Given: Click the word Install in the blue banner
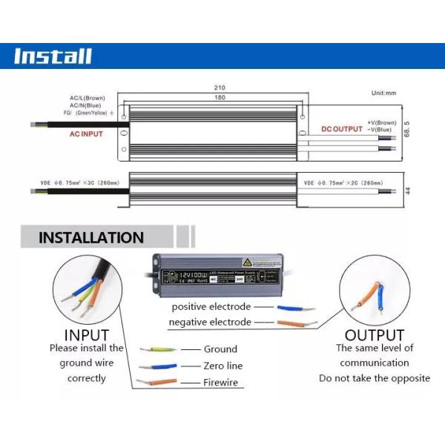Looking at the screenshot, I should (x=53, y=56).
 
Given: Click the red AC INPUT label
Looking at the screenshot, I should (x=86, y=134).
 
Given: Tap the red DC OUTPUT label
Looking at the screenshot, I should (x=342, y=129).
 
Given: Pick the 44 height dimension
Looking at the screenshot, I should (x=407, y=191).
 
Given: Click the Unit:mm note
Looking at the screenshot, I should (x=384, y=93).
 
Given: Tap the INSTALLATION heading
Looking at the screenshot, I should (x=91, y=238).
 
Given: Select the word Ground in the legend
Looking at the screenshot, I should (x=220, y=349).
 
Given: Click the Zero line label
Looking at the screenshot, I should (x=222, y=366).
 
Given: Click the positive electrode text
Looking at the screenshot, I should (x=211, y=306).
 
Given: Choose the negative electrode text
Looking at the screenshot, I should (x=210, y=322).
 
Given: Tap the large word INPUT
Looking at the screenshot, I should (x=87, y=335).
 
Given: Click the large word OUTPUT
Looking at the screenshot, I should (x=375, y=335).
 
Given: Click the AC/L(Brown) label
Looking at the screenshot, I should (x=88, y=98).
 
